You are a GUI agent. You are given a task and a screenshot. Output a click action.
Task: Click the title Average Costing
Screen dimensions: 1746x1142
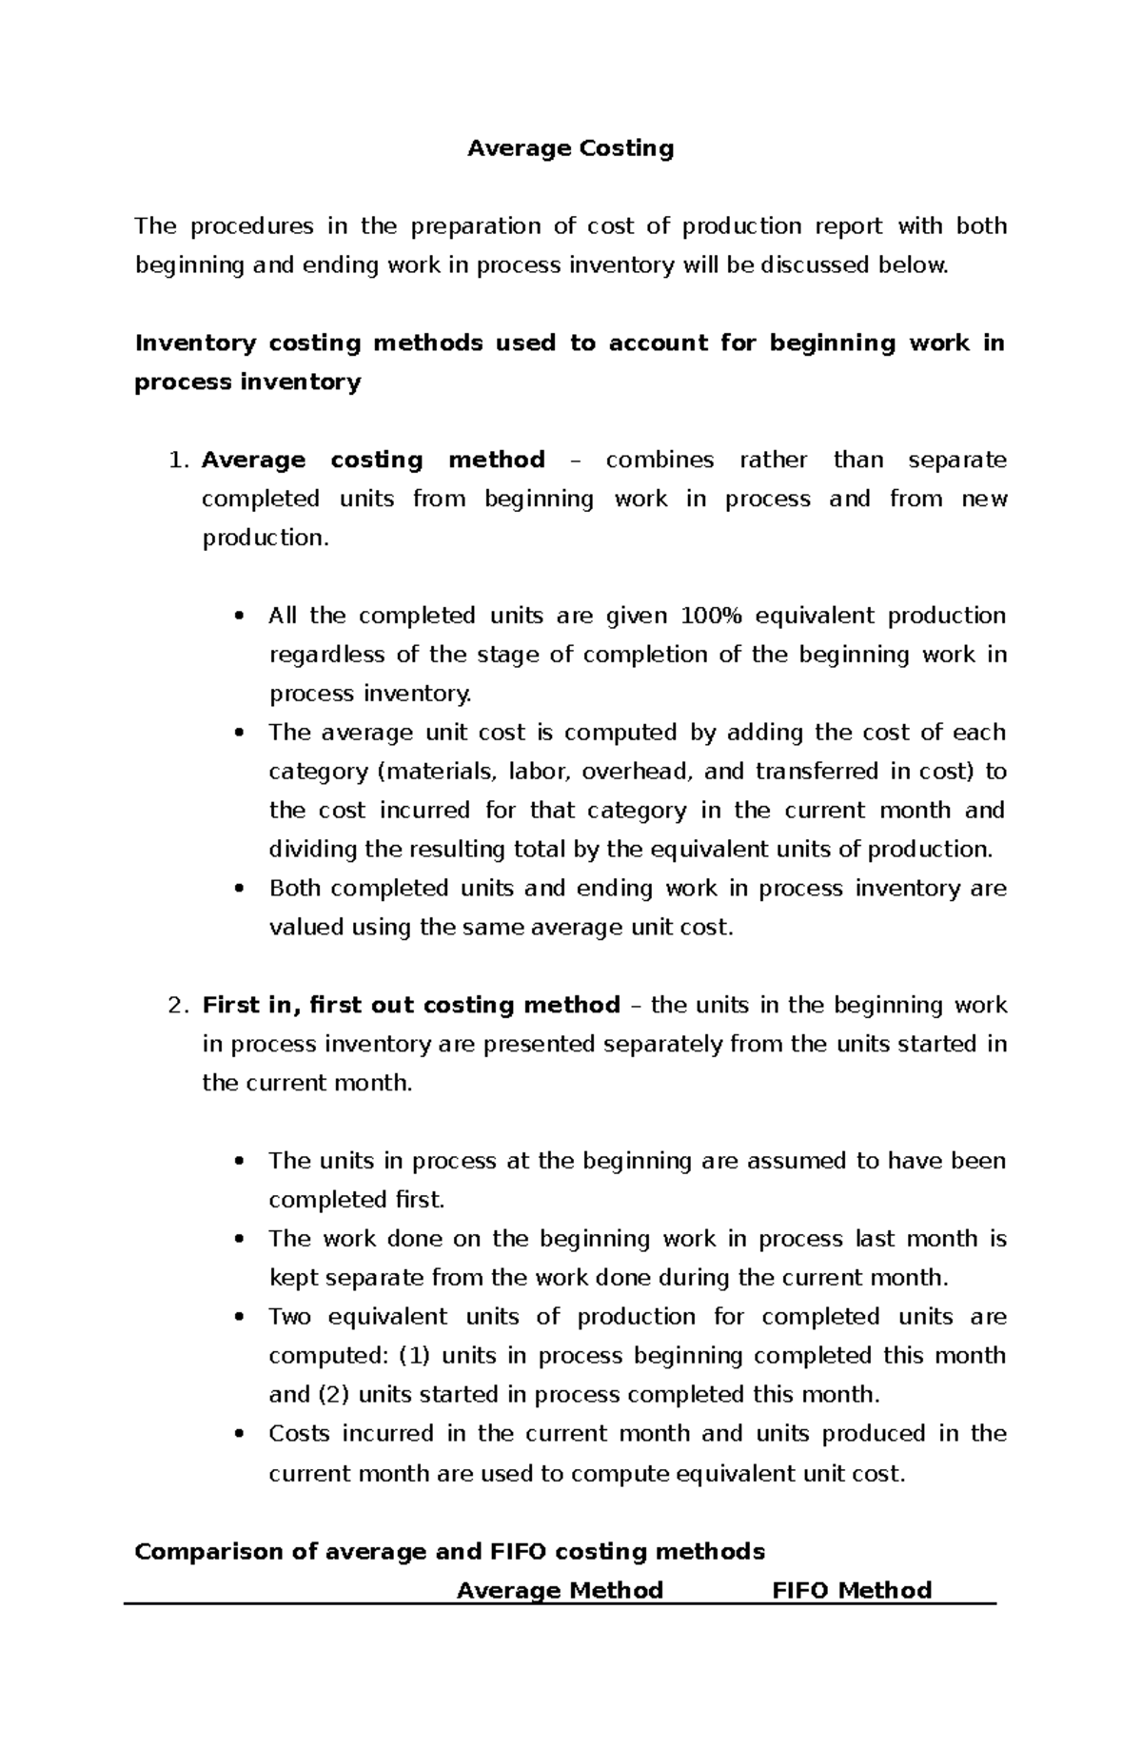pos(570,148)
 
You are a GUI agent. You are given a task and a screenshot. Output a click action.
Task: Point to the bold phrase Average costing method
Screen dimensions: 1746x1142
pos(373,461)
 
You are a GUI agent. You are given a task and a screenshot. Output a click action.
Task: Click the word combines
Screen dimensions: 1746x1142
pos(660,461)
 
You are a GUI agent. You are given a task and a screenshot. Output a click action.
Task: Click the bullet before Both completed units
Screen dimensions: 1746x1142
pos(239,889)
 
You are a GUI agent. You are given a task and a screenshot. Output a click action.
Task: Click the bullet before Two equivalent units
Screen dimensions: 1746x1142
pos(239,1318)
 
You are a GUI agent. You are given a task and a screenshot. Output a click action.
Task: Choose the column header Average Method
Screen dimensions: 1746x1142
pos(560,1591)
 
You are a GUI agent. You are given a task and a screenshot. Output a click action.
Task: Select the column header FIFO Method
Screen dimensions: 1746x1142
pos(851,1591)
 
